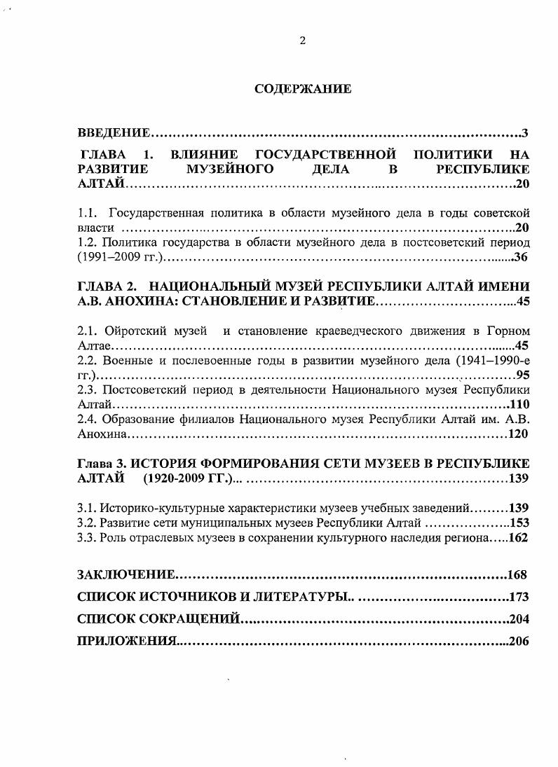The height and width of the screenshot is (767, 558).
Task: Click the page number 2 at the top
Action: click(302, 41)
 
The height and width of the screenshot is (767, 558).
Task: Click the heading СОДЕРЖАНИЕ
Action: click(302, 89)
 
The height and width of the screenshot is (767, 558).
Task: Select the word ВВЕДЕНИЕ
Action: click(113, 133)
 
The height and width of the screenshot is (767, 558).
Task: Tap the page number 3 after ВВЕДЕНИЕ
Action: click(525, 133)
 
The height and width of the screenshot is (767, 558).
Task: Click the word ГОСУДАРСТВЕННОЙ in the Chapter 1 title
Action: click(325, 154)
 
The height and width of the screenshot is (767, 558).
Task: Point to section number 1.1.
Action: click(86, 212)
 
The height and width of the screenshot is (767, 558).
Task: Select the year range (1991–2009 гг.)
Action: click(120, 258)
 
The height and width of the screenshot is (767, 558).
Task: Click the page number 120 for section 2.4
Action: click(517, 435)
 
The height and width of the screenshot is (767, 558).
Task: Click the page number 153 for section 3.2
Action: click(519, 523)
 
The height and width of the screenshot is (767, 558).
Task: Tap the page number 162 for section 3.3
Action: click(519, 538)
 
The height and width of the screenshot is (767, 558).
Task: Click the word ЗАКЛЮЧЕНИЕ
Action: click(125, 575)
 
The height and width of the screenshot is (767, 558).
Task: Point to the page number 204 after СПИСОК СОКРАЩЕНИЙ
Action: click(519, 619)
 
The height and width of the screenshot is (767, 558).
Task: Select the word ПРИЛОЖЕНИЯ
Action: click(125, 641)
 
